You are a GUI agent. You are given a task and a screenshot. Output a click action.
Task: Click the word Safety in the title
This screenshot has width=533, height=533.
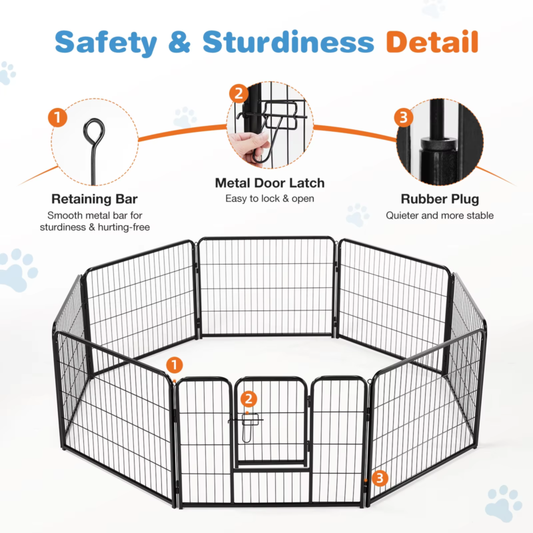(x=107, y=41)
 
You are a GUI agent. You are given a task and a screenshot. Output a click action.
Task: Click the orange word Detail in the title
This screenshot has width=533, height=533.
(x=432, y=41)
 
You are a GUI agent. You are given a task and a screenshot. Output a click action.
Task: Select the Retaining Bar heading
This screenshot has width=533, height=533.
(x=94, y=199)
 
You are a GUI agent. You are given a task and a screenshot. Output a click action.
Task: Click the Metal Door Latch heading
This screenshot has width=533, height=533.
(x=269, y=183)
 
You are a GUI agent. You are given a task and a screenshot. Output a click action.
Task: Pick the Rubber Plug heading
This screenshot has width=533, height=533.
(x=440, y=199)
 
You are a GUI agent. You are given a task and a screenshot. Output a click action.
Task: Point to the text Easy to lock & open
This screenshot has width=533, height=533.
(x=269, y=199)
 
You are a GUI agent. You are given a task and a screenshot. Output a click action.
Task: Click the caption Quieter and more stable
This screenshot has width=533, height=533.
(x=440, y=215)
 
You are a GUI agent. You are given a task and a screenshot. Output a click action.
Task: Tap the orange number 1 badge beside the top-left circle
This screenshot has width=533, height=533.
(x=58, y=119)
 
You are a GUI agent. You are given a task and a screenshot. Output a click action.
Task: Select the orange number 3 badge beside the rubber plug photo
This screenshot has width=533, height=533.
(x=402, y=119)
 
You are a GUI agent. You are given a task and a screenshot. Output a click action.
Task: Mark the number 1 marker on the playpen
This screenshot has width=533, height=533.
(x=174, y=364)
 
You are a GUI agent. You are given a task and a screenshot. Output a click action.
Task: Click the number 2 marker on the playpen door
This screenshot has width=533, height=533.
(x=249, y=399)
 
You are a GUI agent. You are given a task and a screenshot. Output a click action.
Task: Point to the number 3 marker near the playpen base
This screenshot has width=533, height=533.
(x=379, y=477)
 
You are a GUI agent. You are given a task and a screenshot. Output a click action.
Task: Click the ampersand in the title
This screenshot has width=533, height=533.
(x=179, y=41)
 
